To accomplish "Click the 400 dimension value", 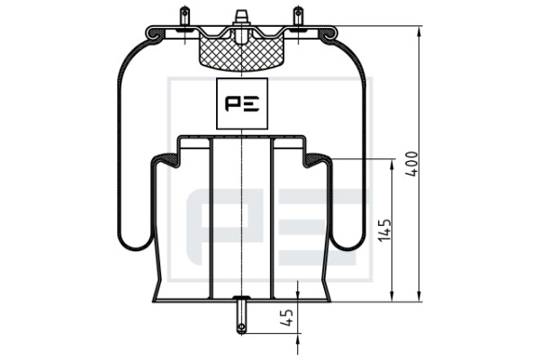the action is pos(411,164).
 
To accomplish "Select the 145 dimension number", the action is pos(384,230).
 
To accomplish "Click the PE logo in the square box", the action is pos(242,103).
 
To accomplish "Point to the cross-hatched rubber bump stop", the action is pos(242,53).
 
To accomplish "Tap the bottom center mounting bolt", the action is pos(242,315).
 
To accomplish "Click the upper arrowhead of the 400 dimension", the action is pos(419,33).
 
